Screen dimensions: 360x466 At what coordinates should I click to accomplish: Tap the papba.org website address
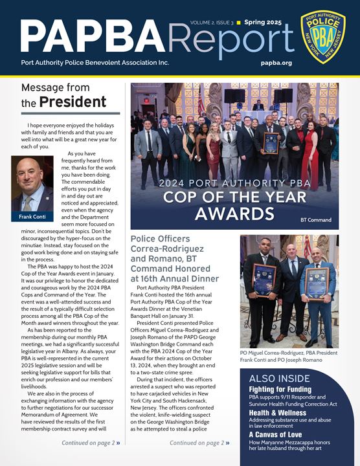276,63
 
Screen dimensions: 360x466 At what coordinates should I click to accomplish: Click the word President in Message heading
72,102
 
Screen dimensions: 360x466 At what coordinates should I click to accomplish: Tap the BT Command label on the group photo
315,220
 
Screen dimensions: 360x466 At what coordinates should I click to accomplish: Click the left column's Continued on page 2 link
91,443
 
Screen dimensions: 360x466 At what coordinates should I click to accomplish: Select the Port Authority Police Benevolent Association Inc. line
95,63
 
